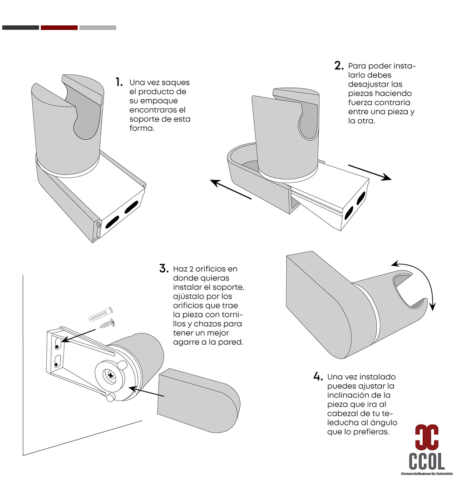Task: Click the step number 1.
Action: [119, 82]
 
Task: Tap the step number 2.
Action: [339, 66]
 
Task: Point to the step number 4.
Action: [318, 377]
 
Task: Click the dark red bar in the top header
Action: [59, 28]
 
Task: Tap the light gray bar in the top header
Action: [98, 28]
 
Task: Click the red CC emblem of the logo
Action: [426, 436]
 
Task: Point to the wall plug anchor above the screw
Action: [101, 314]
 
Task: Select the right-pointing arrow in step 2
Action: [370, 172]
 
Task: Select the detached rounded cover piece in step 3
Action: [199, 401]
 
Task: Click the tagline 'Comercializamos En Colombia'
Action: [427, 474]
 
